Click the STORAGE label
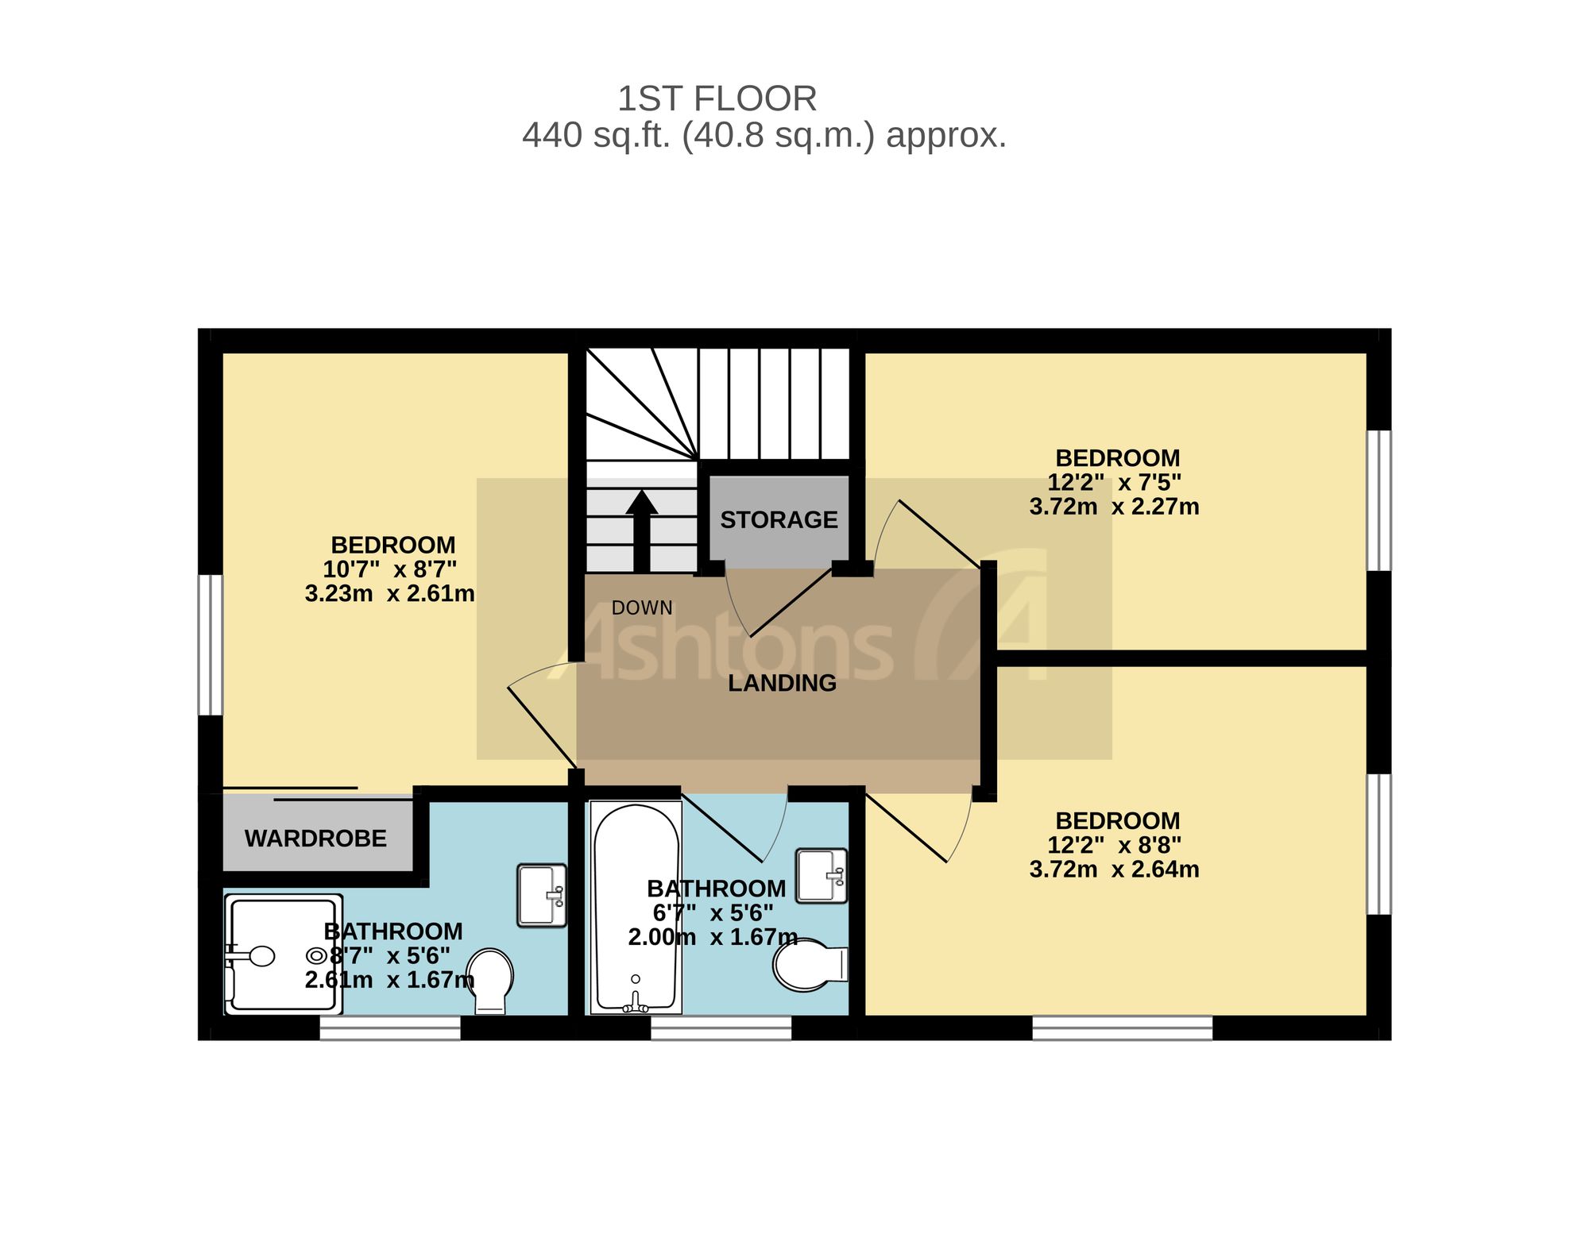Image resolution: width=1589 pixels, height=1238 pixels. [x=779, y=520]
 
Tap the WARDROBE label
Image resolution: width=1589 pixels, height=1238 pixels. [x=315, y=839]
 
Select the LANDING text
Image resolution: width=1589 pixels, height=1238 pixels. [x=782, y=683]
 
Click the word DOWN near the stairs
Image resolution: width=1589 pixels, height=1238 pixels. [x=642, y=608]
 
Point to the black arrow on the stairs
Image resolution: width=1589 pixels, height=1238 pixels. [x=641, y=530]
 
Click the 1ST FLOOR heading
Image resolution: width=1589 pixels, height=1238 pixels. [x=717, y=99]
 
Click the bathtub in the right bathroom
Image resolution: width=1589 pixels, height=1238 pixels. [x=636, y=908]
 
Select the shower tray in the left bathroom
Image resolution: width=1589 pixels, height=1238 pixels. [x=284, y=955]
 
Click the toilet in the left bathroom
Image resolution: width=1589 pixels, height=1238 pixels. [x=489, y=981]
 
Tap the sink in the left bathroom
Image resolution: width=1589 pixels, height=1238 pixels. [x=542, y=895]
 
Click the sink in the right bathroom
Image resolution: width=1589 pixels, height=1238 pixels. [x=822, y=876]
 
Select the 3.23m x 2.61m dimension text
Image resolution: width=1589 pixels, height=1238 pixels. [x=390, y=593]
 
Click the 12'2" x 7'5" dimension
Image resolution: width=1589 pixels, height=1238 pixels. [x=1114, y=482]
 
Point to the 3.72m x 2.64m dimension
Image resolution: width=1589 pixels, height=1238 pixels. [x=1114, y=870]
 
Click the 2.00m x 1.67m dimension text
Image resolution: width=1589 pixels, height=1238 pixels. [x=713, y=937]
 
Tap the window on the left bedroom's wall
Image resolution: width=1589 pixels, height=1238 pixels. [x=211, y=646]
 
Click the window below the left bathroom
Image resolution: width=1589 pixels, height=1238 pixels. [x=390, y=1028]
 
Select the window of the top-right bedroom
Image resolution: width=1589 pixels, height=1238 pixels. [x=1379, y=500]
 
